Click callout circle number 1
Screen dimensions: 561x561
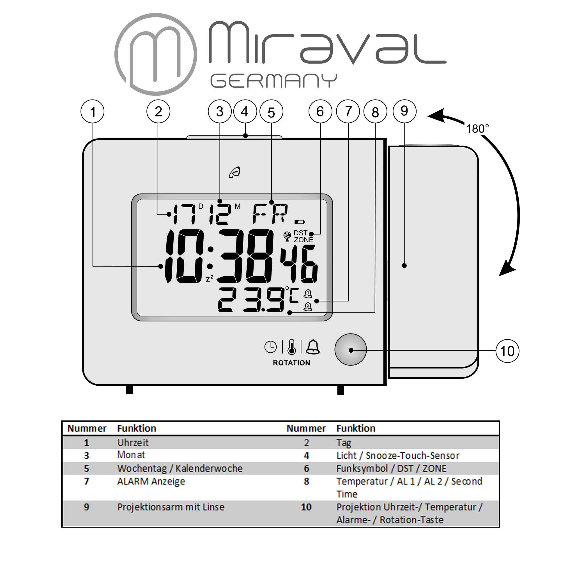(92, 112)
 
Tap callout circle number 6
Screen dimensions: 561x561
(320, 112)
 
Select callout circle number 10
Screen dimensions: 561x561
(507, 351)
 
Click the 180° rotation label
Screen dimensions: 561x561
(477, 129)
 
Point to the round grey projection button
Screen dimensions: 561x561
(350, 350)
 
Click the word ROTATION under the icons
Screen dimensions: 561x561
(291, 363)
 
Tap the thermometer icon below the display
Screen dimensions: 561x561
(291, 347)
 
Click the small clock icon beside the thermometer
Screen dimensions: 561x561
(270, 347)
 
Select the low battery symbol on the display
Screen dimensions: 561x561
(300, 222)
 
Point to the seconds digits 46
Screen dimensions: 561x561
(299, 264)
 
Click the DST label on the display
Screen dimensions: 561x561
(300, 233)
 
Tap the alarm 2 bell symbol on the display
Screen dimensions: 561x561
(308, 306)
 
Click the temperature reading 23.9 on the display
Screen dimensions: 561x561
(251, 300)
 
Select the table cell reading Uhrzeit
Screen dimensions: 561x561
(133, 443)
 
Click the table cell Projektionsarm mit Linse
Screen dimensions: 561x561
(171, 507)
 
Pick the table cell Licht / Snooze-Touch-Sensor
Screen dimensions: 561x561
(397, 456)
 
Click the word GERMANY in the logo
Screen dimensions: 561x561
(273, 81)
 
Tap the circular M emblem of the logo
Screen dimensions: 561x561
(156, 54)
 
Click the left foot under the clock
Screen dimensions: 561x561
(129, 390)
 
